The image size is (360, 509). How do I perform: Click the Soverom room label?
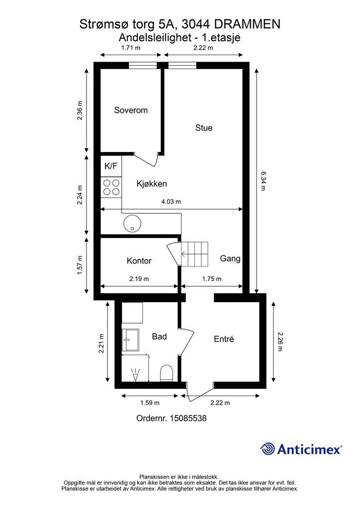pos(131,110)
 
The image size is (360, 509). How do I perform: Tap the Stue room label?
pos(203,128)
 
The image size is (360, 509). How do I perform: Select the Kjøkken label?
pos(152,184)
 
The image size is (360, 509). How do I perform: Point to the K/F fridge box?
pos(111,166)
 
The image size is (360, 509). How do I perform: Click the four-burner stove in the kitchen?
pos(111,187)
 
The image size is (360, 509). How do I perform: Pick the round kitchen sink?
pos(132,224)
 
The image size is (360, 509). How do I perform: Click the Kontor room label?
pos(139,260)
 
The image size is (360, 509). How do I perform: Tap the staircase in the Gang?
pos(194,254)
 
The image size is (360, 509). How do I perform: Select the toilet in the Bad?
pos(167,373)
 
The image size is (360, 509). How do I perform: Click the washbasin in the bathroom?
pos(130,340)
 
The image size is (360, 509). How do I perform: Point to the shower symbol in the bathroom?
pos(135,374)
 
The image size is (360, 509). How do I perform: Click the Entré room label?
pos(224,339)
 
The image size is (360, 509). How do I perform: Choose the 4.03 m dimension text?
pos(171,202)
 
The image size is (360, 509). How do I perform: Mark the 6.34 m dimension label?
pos(263,181)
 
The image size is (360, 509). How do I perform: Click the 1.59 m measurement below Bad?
pos(150,403)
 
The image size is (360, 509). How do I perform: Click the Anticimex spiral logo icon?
pos(268,449)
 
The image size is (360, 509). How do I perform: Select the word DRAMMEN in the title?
pos(248,24)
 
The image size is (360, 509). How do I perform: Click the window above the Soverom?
pos(143,65)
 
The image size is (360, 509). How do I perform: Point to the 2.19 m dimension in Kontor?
pos(139,279)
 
